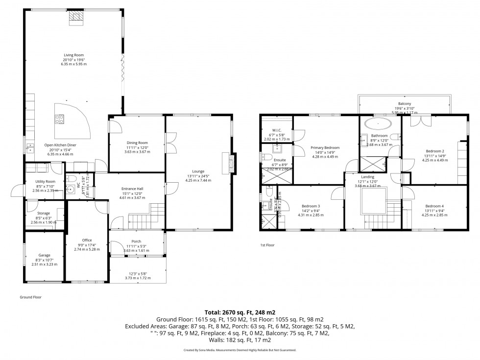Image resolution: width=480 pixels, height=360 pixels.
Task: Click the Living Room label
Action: [x=74, y=55]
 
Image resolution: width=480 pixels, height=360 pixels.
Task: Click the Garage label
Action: [x=45, y=255]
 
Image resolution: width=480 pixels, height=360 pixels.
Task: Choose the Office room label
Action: [x=87, y=240]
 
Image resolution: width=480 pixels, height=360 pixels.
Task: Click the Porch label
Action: [x=137, y=241]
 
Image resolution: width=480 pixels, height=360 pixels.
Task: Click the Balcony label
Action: [x=405, y=104]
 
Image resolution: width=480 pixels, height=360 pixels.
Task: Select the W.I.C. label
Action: [x=277, y=130]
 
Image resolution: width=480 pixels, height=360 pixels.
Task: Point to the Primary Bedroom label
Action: [x=325, y=147]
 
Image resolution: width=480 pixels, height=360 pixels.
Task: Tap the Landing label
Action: [x=367, y=177]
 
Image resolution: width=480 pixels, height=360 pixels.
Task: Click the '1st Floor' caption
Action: [x=267, y=244]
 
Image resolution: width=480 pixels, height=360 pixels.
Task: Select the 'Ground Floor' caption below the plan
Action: [x=30, y=297]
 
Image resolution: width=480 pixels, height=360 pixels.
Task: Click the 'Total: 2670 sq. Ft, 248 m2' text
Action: [x=240, y=312]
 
